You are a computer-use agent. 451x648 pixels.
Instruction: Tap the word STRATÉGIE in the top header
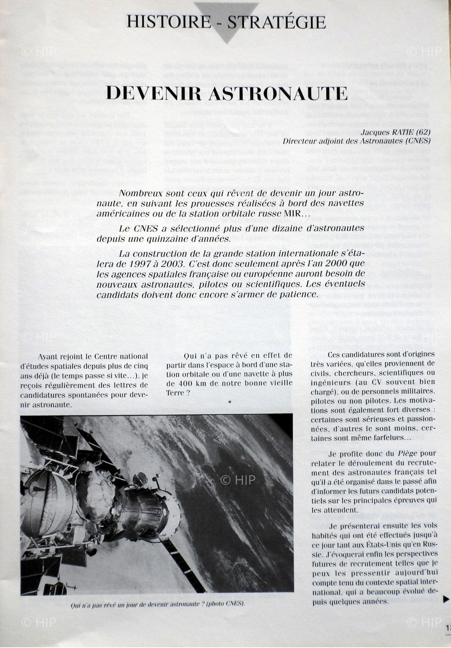[x=277, y=22]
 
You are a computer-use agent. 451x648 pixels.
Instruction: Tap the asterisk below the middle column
[x=230, y=402]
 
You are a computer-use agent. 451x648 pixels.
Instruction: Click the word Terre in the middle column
[x=175, y=393]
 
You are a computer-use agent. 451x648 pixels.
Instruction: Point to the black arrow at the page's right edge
[x=446, y=598]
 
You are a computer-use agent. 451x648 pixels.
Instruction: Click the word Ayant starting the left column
[x=48, y=356]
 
